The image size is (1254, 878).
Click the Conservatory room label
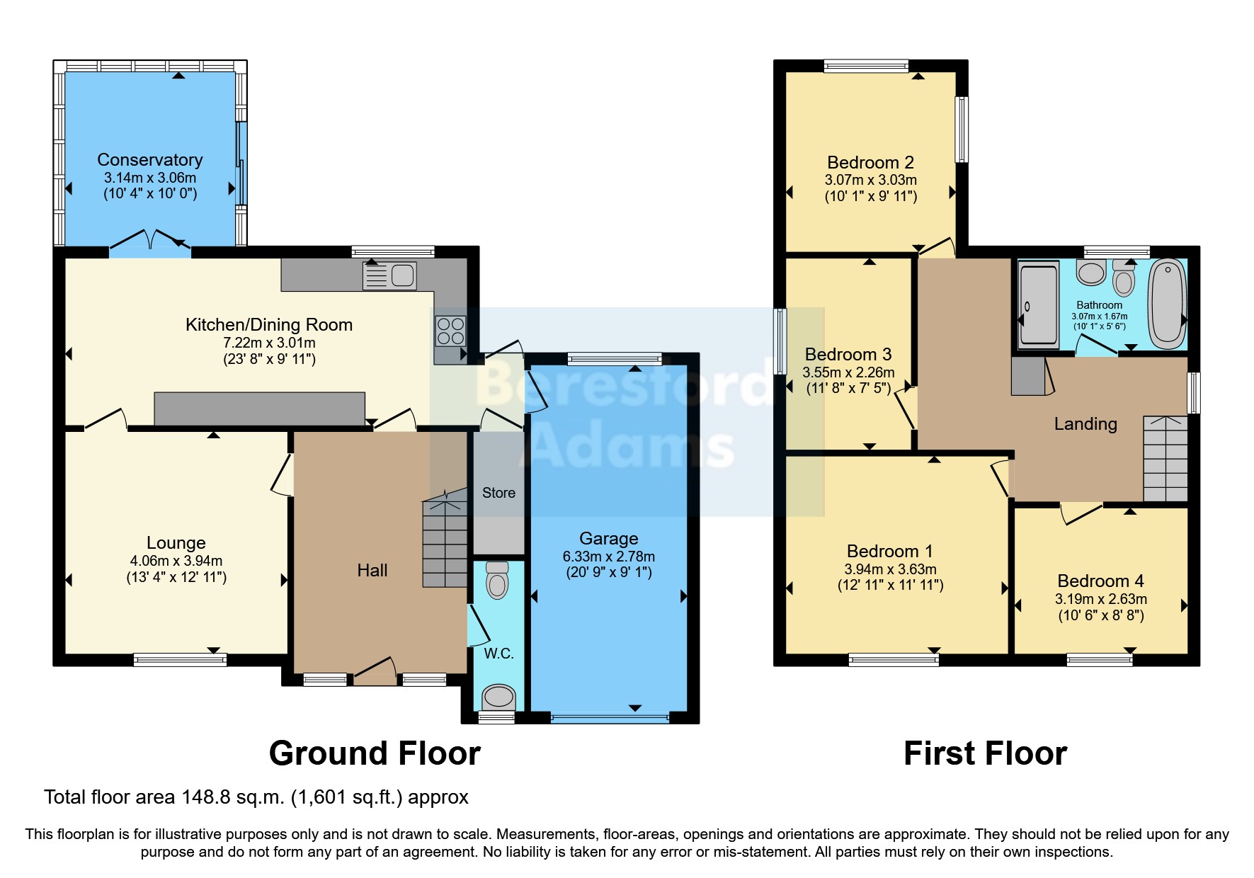[149, 160]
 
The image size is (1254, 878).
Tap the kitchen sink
[389, 275]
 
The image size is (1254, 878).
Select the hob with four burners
[450, 331]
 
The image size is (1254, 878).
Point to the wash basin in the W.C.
[498, 697]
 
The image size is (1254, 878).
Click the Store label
[498, 493]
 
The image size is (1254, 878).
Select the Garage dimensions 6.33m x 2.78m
[608, 557]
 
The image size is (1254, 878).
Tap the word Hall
[372, 571]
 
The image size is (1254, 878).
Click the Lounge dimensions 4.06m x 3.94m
[176, 561]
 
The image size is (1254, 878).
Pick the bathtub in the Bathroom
[1167, 304]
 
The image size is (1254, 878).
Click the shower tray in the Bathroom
[1038, 304]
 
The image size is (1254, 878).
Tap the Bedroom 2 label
[870, 163]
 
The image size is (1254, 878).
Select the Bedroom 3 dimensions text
[848, 372]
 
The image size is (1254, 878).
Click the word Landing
[1085, 424]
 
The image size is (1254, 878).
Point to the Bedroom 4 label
[1100, 581]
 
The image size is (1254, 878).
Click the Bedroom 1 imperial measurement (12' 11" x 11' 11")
[890, 586]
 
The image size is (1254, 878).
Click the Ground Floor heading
[375, 753]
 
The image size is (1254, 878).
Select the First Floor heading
[984, 753]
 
